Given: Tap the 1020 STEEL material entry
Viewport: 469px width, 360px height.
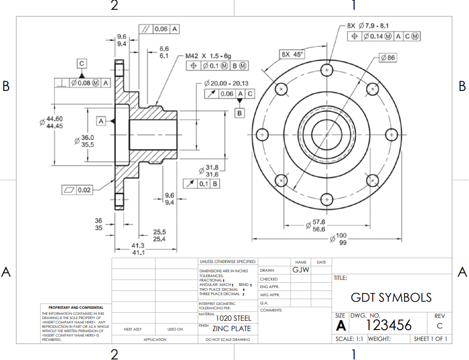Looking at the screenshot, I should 233,318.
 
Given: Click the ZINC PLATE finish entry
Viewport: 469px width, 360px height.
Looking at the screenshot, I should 232,328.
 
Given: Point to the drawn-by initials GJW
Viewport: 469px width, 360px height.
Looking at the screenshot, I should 300,270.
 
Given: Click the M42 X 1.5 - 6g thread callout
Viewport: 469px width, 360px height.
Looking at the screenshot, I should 208,56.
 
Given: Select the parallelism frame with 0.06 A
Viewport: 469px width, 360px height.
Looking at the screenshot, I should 160,29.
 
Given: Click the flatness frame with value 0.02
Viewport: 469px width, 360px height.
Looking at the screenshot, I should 77,190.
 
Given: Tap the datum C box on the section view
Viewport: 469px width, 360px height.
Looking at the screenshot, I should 81,64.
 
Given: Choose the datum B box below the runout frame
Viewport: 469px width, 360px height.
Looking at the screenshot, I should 239,113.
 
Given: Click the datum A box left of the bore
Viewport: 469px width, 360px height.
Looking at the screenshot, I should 101,120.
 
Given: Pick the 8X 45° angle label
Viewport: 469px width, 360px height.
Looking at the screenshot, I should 292,54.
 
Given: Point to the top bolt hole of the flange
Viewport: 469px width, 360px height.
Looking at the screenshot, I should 326,70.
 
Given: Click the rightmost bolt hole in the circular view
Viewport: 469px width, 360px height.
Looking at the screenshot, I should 391,134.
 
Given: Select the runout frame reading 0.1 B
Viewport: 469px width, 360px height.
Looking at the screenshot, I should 202,184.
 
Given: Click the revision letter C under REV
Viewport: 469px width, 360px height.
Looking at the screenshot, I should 439,326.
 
